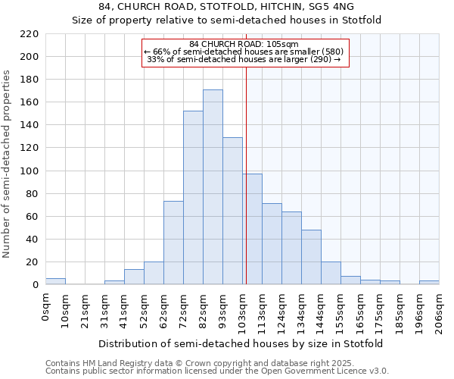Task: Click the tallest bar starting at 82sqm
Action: (213, 187)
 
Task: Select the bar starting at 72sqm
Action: (193, 198)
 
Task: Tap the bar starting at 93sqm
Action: (232, 211)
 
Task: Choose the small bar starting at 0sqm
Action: (55, 281)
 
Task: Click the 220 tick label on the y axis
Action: (30, 34)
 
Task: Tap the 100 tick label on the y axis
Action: (30, 171)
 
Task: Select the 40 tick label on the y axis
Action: (33, 240)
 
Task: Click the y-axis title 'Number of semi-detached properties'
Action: (8, 164)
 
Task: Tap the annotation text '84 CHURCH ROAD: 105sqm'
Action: (244, 44)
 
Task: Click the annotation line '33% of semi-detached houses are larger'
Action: (244, 59)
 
